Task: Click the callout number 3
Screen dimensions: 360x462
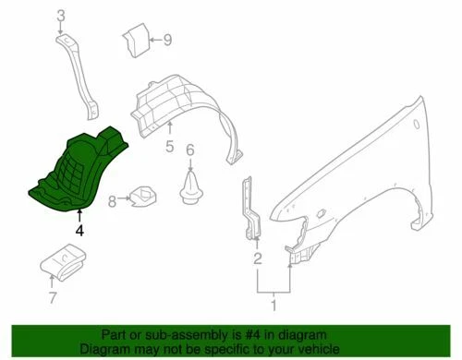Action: click(60, 16)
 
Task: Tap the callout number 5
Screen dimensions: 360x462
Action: click(170, 147)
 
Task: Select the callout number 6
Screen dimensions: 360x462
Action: click(190, 150)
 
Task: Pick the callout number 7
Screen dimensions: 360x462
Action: click(53, 297)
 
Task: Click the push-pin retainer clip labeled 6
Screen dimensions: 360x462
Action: click(190, 184)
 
